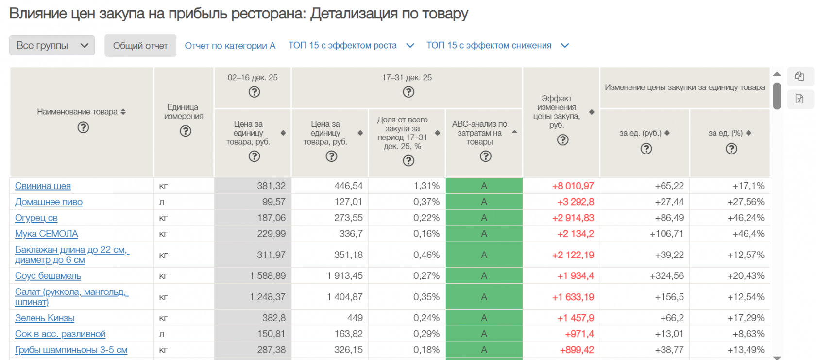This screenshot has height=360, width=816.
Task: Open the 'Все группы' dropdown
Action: [x=52, y=46]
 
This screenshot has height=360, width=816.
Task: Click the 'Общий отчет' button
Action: [x=140, y=46]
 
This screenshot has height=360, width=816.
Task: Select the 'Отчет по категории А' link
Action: [x=230, y=46]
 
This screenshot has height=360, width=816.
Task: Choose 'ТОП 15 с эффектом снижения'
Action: [x=497, y=46]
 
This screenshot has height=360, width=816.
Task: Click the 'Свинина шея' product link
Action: [x=43, y=186]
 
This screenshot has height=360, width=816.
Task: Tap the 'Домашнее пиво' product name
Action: [x=49, y=202]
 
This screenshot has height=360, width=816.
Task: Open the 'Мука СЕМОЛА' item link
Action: [x=46, y=234]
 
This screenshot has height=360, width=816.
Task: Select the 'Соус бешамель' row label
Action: [x=48, y=276]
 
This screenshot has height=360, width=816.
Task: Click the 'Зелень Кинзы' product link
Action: [x=45, y=318]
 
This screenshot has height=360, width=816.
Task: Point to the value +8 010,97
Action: [x=573, y=186]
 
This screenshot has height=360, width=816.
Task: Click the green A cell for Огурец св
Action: [x=484, y=218]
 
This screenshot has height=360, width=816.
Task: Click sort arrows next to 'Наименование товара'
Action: [x=123, y=112]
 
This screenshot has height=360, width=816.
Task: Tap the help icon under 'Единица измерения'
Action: [x=186, y=131]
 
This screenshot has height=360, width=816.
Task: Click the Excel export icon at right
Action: [x=799, y=99]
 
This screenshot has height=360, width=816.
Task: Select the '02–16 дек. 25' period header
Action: [x=253, y=78]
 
